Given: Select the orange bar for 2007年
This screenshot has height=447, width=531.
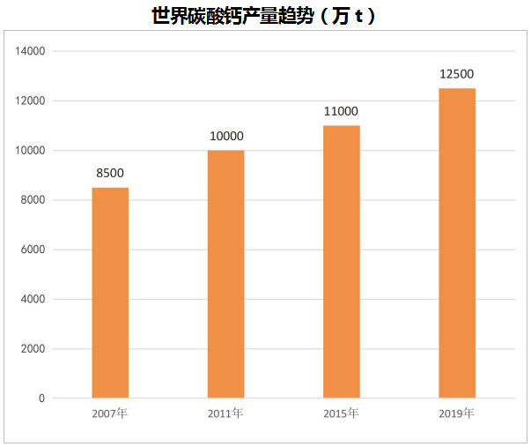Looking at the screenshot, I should coord(110,293).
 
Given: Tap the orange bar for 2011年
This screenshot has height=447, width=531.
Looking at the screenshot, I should coord(226,274).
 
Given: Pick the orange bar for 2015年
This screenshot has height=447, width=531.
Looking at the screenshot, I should coord(342,262).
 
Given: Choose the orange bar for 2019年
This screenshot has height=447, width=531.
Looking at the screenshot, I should coord(457,243).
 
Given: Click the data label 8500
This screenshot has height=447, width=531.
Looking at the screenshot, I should coord(110,174).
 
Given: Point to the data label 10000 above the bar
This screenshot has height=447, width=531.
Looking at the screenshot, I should coord(226,137).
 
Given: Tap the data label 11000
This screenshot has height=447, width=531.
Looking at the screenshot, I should coord(342,112).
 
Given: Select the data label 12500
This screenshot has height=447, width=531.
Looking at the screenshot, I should coord(457,75).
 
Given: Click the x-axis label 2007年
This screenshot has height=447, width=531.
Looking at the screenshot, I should coord(110,413).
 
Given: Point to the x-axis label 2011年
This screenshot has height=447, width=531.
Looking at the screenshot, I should coord(226,413).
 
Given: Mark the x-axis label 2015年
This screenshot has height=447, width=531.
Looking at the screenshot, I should coord(342,413).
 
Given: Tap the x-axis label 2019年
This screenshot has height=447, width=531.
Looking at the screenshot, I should coord(457,413).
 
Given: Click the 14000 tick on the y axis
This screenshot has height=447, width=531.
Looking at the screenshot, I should coord(31,51).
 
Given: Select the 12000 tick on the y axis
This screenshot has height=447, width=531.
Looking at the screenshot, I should coord(31,101).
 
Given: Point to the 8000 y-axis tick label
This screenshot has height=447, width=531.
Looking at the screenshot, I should coord(33,200).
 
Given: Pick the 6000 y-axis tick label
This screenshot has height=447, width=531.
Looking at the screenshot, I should coord(33,250).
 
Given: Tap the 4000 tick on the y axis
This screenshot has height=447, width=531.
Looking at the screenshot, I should coord(33,299).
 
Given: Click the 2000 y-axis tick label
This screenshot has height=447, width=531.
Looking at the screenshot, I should coord(33,349).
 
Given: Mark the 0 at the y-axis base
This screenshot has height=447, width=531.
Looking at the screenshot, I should coord(41,399).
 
